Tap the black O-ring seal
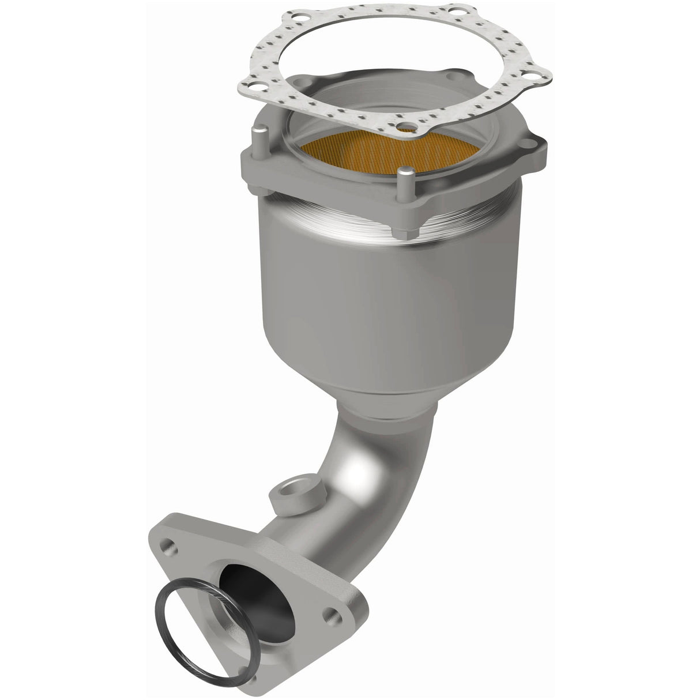tap(190, 623)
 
